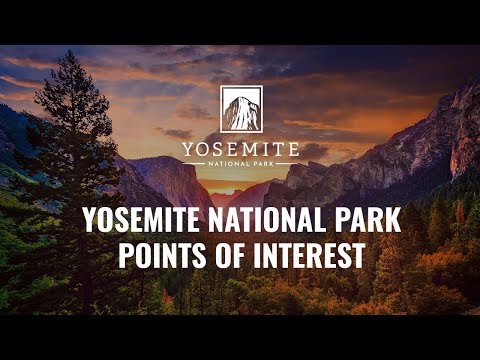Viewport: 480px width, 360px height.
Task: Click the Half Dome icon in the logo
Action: [240, 111]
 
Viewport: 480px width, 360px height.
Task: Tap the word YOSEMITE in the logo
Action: [240, 149]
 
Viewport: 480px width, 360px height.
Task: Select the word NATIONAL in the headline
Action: [267, 219]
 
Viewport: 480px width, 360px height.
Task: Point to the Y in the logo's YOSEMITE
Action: [188, 149]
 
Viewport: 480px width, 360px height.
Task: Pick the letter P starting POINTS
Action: [126, 255]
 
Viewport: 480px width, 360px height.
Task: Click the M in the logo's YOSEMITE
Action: [246, 149]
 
